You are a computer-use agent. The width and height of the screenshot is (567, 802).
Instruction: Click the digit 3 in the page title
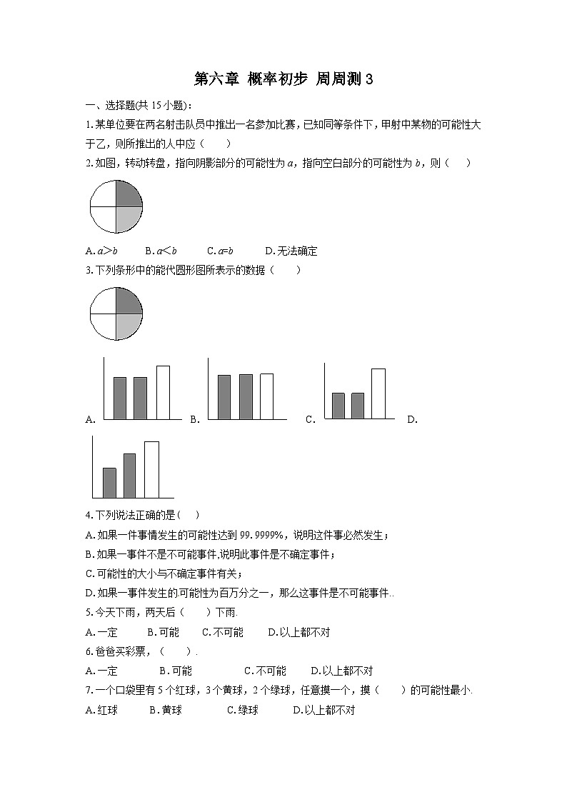click(x=369, y=79)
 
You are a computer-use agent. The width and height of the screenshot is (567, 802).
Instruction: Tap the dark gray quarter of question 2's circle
click(x=127, y=194)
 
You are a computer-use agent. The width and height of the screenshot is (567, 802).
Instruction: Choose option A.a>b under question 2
click(x=101, y=251)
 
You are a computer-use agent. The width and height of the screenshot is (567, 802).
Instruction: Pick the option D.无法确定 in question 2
click(x=291, y=251)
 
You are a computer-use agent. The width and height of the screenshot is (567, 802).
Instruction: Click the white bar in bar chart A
click(x=163, y=392)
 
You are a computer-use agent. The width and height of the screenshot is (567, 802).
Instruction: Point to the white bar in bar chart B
click(x=266, y=396)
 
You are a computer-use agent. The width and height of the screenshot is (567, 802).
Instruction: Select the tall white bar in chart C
click(x=378, y=393)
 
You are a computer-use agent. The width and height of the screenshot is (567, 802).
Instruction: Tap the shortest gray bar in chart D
click(x=109, y=482)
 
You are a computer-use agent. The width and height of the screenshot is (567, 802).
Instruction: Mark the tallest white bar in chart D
click(x=151, y=469)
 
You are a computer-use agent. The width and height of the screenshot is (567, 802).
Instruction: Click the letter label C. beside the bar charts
click(x=311, y=420)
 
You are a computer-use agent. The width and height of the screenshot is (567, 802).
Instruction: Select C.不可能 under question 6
click(x=265, y=671)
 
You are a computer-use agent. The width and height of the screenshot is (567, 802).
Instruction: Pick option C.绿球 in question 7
click(x=243, y=710)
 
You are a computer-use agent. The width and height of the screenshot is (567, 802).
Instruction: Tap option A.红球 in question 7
click(x=101, y=710)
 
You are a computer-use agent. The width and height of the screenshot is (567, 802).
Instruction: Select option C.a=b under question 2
click(x=221, y=251)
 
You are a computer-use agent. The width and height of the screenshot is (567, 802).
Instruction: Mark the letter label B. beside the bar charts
click(x=195, y=420)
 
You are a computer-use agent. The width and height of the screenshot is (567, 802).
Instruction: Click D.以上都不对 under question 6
click(x=342, y=671)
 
